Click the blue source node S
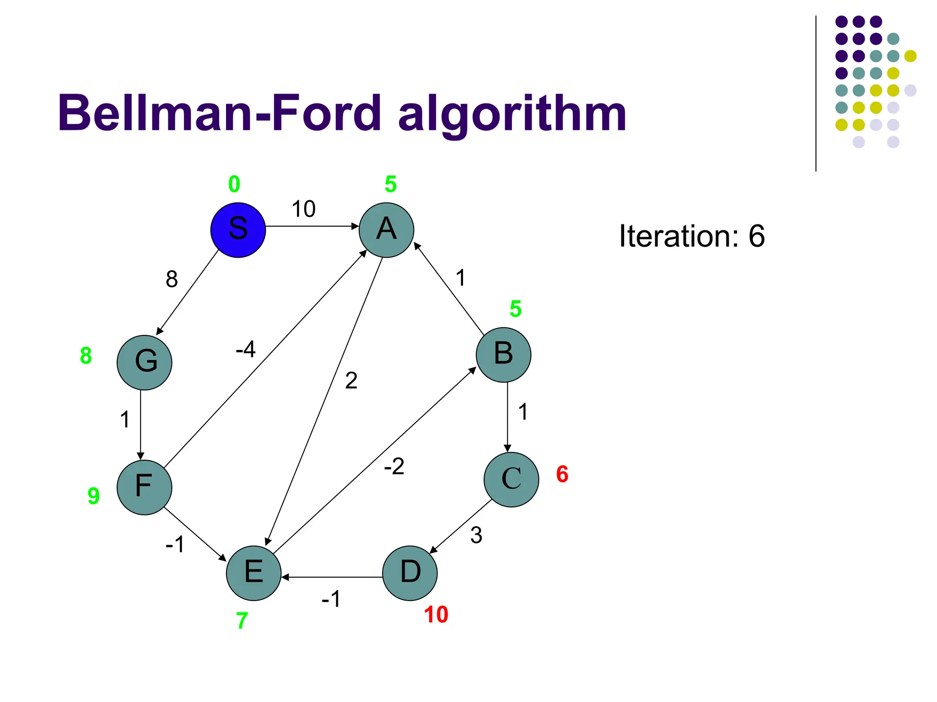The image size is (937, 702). [x=238, y=230]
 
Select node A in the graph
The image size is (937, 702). [x=386, y=230]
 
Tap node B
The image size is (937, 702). [x=503, y=355]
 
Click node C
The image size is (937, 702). [x=511, y=479]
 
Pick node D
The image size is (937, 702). [x=409, y=573]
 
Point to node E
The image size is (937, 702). [x=253, y=573]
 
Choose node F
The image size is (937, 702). [x=144, y=487]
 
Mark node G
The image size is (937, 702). [x=144, y=362]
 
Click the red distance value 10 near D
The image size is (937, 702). [x=436, y=615]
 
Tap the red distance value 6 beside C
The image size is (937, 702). [x=562, y=474]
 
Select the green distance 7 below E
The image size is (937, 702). [x=242, y=621]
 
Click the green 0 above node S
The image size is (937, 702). [x=234, y=184]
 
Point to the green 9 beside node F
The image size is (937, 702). [x=93, y=496]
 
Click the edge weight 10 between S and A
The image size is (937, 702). [x=304, y=209]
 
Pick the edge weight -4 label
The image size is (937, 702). [x=246, y=350]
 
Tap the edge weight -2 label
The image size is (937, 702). [x=394, y=467]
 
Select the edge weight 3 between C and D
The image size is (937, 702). [x=476, y=535]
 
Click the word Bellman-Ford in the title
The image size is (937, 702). [x=219, y=113]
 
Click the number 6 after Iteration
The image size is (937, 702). [x=757, y=236]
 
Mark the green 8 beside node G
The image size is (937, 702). [x=86, y=356]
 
